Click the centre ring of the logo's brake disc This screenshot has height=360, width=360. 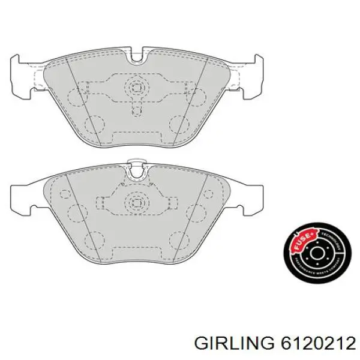[316, 256]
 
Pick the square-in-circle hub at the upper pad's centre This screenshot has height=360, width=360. [137, 88]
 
